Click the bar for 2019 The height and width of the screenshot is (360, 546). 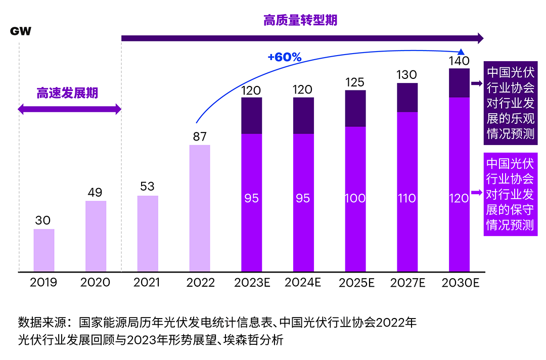click(44, 250)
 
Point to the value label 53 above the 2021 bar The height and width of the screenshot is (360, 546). click(147, 187)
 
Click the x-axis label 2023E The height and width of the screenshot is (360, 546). click(252, 283)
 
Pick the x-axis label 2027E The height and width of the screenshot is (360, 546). click(407, 283)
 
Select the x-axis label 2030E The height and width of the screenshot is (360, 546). click(460, 283)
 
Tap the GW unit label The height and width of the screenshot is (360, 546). click(21, 31)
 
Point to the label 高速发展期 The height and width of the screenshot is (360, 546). click(67, 94)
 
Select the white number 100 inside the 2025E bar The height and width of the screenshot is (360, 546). click(355, 198)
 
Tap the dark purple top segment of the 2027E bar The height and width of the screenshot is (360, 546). click(407, 98)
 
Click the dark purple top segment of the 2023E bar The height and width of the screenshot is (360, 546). click(251, 116)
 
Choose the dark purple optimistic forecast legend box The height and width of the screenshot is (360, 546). click(510, 104)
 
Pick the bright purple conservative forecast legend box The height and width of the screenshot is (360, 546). click(510, 194)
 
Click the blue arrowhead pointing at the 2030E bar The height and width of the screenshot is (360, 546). click(461, 52)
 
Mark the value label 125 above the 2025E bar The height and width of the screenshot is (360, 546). click(355, 82)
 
